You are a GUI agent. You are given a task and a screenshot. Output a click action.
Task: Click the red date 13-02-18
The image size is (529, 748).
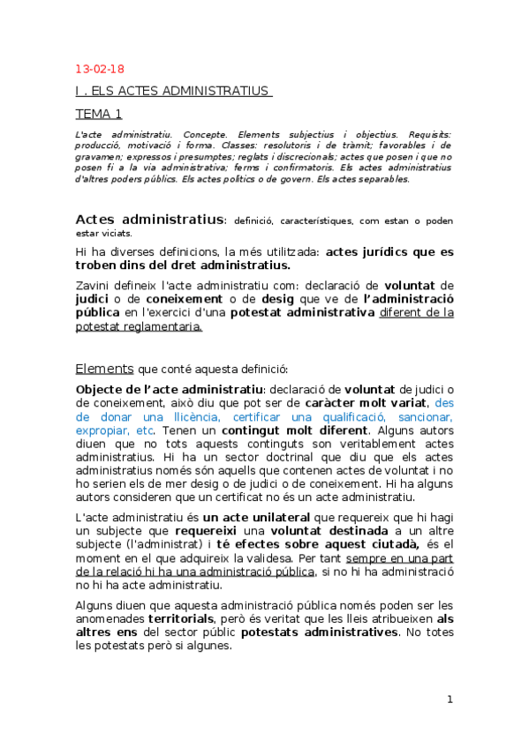click(100, 69)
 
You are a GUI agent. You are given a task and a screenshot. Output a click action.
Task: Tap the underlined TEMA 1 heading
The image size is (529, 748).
click(99, 113)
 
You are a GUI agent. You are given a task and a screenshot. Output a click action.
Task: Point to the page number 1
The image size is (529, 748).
click(450, 699)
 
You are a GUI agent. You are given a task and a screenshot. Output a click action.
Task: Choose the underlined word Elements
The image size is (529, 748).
click(104, 368)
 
